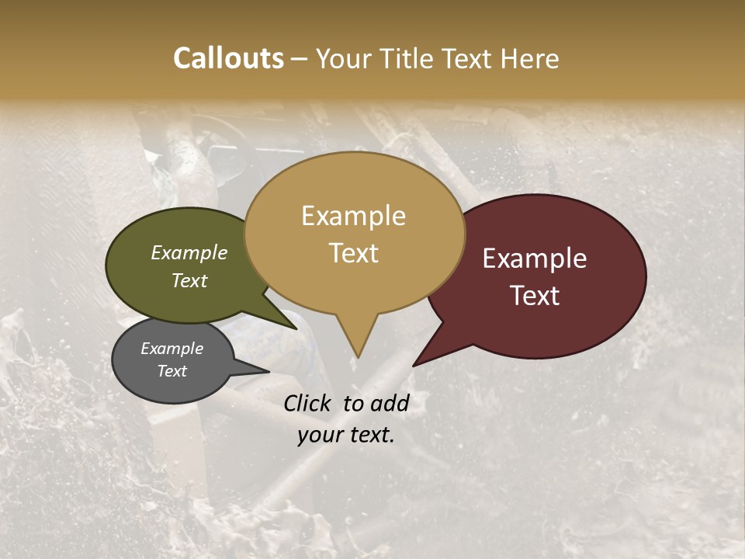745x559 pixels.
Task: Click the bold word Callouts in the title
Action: click(x=228, y=58)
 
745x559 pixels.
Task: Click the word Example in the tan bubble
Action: click(x=353, y=216)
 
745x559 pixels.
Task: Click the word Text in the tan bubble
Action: click(x=353, y=253)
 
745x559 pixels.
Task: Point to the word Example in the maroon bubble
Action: click(x=535, y=259)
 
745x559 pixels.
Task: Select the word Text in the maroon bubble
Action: click(x=535, y=296)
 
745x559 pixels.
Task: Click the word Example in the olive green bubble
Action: click(x=189, y=252)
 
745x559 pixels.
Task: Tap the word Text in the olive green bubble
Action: click(x=189, y=280)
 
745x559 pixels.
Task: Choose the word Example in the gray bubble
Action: click(x=172, y=349)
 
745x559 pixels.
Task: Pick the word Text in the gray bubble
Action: click(x=172, y=371)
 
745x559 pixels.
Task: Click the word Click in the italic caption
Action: click(x=309, y=403)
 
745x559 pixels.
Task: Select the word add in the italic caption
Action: click(x=390, y=403)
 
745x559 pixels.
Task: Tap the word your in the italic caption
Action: click(x=320, y=435)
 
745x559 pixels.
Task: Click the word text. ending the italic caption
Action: click(x=371, y=435)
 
